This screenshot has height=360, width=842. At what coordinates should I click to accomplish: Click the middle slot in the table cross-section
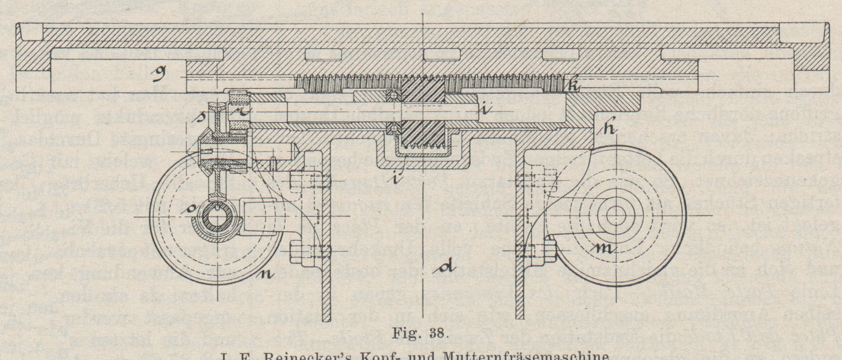click(x=442, y=55)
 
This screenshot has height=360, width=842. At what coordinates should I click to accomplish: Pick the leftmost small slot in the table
click(x=323, y=55)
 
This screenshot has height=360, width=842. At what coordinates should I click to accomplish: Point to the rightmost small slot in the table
click(x=559, y=55)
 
